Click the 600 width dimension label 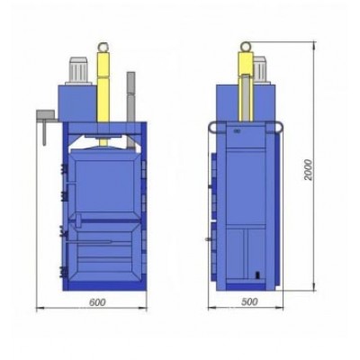[x=97, y=302]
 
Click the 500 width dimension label [x=249, y=301]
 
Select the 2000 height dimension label [x=308, y=169]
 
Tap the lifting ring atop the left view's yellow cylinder [x=103, y=47]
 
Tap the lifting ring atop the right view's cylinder [x=246, y=47]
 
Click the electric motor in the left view [x=78, y=70]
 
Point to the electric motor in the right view [x=260, y=70]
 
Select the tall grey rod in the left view [x=130, y=110]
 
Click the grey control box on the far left [x=46, y=115]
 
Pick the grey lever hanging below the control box [x=44, y=132]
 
